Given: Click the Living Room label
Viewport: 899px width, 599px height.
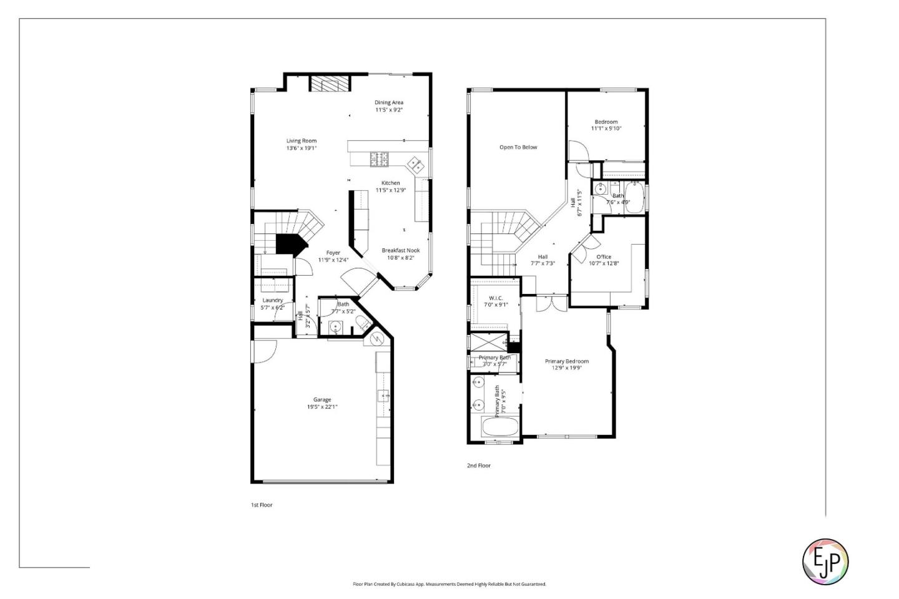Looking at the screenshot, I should coord(302,141).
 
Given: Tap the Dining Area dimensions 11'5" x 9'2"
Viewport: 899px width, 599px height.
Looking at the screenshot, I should coord(389,110).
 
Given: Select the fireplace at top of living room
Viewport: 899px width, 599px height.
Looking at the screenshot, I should coord(328,84).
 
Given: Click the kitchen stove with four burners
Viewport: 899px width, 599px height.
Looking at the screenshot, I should coord(379,160).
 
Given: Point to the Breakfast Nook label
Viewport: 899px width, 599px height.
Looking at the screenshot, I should coord(401,250).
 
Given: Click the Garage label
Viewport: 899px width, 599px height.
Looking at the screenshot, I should coord(322,399).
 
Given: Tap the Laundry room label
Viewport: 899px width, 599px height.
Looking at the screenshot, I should coord(272,300).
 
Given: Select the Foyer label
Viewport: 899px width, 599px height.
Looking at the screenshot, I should coord(333,253).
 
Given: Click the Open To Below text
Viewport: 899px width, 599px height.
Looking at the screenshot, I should coord(518,147).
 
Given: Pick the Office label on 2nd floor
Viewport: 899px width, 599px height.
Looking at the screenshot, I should coord(604,256).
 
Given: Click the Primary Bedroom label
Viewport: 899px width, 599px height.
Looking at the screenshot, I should coord(567,361).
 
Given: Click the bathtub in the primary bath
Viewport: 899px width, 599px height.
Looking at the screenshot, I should coord(499,427).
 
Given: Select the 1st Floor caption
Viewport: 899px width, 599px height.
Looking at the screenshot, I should coord(262,505).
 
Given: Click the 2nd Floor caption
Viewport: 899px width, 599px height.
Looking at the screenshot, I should coord(479,465).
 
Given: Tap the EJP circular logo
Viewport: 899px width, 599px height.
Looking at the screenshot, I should coord(825,562).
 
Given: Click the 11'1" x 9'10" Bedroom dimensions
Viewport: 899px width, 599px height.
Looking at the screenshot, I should coord(606,129).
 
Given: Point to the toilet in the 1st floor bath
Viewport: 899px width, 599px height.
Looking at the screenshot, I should coord(361,323).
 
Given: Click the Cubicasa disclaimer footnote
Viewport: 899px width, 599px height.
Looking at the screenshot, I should coord(449,585).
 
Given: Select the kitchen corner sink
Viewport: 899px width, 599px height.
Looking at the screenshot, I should coord(415,164).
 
